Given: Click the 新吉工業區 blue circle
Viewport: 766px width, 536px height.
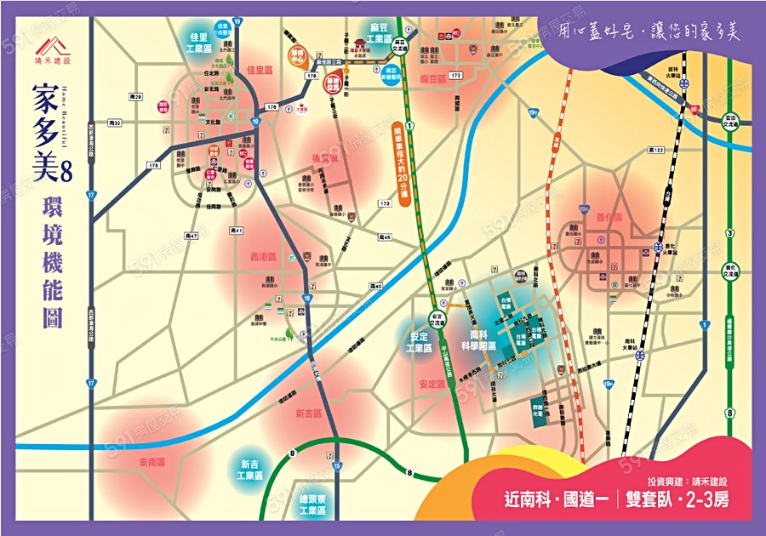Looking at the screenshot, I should coord(249,469).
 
